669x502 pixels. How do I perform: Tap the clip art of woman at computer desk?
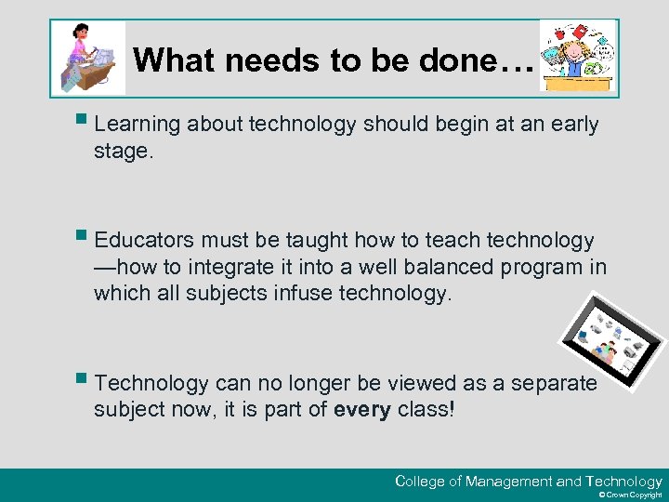tap(89, 59)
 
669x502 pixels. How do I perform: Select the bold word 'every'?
tap(361, 409)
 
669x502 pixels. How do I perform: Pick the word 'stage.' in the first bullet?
tap(122, 151)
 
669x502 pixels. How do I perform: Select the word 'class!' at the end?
tap(426, 409)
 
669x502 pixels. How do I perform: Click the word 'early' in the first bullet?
tap(570, 125)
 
